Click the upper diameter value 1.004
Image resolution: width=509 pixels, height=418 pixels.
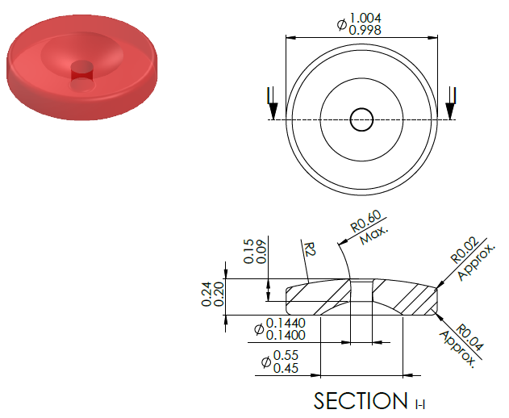pyautogui.click(x=365, y=19)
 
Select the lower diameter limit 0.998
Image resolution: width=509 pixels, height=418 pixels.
pyautogui.click(x=365, y=30)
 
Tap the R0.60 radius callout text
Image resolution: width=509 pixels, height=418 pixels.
pyautogui.click(x=366, y=221)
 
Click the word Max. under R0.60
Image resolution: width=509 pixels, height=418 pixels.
pyautogui.click(x=374, y=235)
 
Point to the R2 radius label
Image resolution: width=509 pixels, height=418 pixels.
pyautogui.click(x=310, y=249)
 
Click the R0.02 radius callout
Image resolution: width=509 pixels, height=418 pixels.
pyautogui.click(x=465, y=250)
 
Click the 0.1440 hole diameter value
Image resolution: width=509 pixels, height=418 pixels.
pyautogui.click(x=286, y=323)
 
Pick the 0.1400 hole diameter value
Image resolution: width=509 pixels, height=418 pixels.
pyautogui.click(x=286, y=335)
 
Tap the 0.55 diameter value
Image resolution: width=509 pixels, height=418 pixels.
pyautogui.click(x=286, y=355)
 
